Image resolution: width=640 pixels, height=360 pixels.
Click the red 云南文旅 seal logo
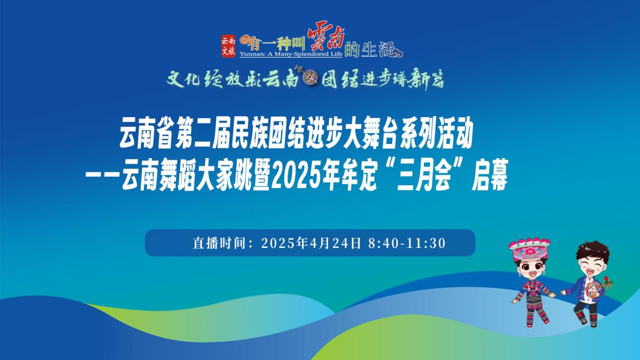pos(229,46)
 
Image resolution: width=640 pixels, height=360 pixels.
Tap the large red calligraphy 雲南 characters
pos(326,41)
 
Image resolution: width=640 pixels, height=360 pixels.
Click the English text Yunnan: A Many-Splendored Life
pos(291,54)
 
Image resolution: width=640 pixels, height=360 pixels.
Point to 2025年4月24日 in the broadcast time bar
pos(311,243)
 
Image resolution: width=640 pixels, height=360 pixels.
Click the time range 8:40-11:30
pos(407,243)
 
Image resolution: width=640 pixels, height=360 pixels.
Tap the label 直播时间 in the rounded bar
pos(219,243)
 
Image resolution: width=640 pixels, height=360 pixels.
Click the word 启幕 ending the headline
pos(489,175)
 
